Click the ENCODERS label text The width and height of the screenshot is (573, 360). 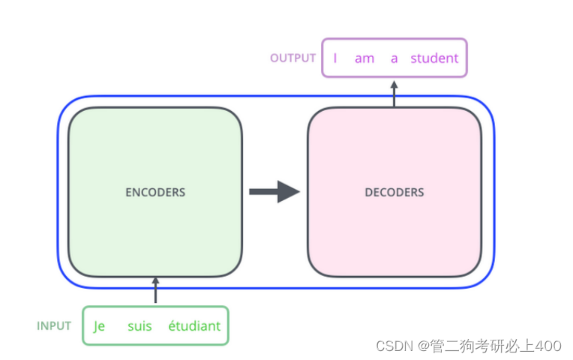[x=155, y=192]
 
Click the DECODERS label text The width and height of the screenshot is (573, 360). [x=394, y=192]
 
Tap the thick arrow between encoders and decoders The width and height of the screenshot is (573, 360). [x=274, y=191]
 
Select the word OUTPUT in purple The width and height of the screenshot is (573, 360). [x=292, y=58]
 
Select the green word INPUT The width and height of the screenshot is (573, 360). [x=54, y=326]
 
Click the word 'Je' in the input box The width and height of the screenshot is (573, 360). [x=99, y=326]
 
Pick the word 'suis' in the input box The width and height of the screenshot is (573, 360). [x=139, y=326]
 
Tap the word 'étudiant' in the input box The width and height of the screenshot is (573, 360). [x=194, y=326]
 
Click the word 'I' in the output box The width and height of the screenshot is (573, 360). [x=335, y=58]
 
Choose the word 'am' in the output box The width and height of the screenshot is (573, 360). [x=364, y=58]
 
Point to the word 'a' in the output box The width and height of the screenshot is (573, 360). [x=394, y=58]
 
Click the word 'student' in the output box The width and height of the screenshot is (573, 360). [x=434, y=58]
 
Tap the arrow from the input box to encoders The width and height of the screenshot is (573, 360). [x=156, y=291]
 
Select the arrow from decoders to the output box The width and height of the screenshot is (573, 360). [x=394, y=93]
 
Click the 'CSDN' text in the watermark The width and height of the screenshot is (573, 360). [x=395, y=346]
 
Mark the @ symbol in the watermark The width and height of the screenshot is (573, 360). [x=424, y=346]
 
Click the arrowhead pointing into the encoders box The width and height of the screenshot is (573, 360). [x=156, y=281]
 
